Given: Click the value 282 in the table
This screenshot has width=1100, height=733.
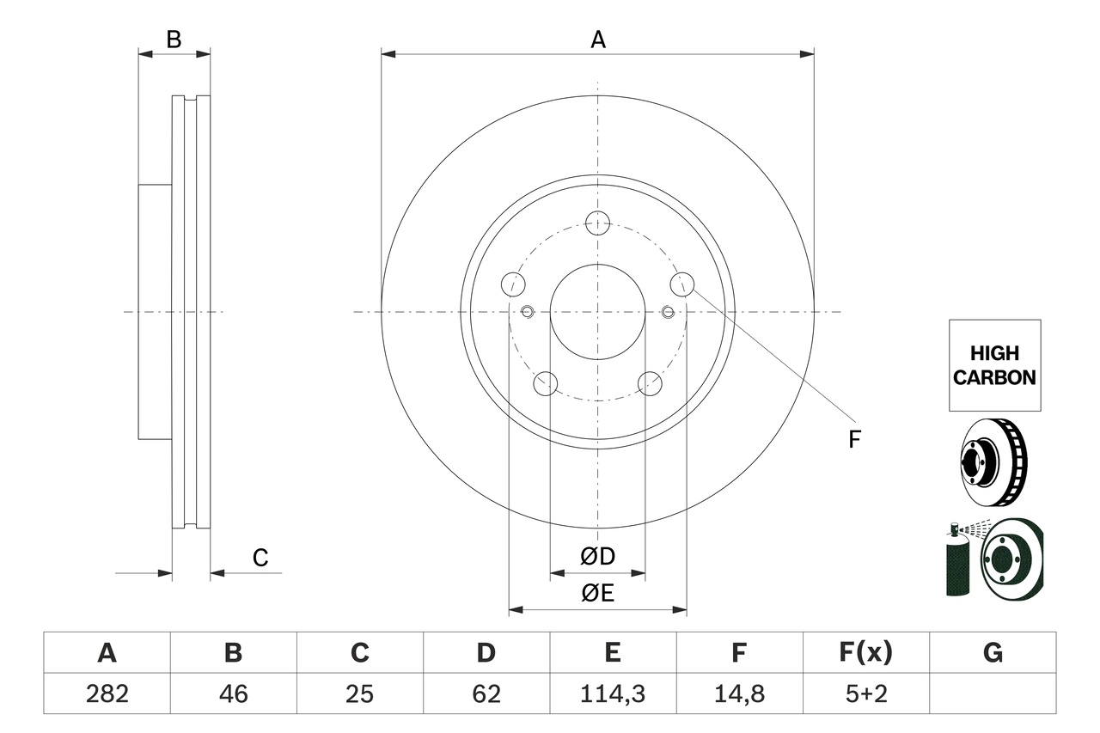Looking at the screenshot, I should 107,693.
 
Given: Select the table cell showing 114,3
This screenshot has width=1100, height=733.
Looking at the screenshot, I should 613,693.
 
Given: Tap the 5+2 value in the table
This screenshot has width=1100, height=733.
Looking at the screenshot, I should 866,693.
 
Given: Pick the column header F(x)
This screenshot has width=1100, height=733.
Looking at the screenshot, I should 866,653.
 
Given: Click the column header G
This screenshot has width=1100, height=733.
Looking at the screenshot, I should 993,653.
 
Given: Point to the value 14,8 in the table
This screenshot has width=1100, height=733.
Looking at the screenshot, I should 739,693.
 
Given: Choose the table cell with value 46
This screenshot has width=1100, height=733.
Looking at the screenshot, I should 233,693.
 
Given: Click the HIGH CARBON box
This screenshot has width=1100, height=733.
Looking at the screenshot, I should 994,365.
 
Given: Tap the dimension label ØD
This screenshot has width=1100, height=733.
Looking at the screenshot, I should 598,556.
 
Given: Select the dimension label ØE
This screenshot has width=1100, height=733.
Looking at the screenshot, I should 598,593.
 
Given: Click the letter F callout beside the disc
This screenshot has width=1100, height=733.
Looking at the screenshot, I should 853,440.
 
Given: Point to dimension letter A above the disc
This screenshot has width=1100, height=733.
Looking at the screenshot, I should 597,40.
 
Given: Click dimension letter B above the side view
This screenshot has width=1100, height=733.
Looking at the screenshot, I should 174,40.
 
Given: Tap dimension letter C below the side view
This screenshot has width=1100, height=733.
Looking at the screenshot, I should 260,558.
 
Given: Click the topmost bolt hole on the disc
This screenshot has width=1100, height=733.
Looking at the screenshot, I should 597,223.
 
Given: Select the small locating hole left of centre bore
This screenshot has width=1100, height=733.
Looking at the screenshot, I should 528,311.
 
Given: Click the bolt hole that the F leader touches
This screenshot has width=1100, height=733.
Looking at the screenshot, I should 681,284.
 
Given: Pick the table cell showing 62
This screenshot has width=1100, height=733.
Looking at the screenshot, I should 486,693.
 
